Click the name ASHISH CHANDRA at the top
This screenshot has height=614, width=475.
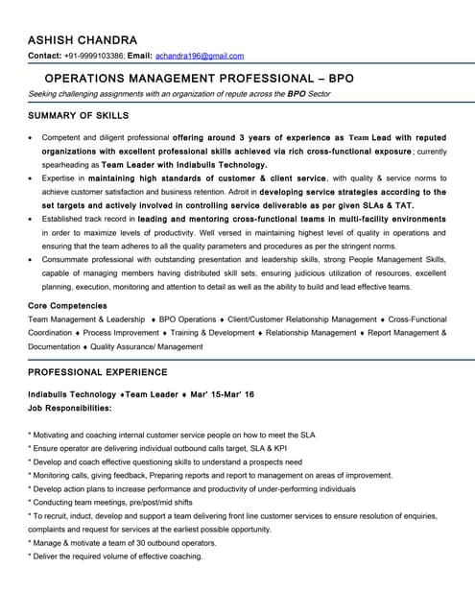click(x=83, y=39)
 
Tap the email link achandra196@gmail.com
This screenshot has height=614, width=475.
click(x=200, y=57)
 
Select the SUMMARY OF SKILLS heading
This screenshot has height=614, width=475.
click(x=79, y=115)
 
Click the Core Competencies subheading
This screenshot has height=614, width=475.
click(x=67, y=305)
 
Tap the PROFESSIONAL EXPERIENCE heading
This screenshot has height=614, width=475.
click(x=98, y=372)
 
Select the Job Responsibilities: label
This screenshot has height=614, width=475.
click(x=70, y=408)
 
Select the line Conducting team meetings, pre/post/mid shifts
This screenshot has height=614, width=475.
click(x=110, y=502)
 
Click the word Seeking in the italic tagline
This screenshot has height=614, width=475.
click(x=44, y=95)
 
